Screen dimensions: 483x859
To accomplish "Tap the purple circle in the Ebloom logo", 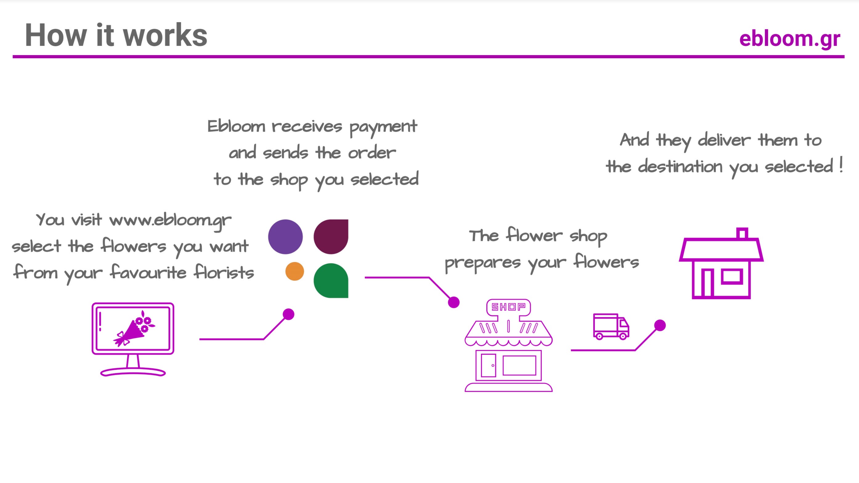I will coord(285,237).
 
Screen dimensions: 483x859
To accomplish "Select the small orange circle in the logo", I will coord(295,271).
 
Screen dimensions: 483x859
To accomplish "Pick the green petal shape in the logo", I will coord(331,281).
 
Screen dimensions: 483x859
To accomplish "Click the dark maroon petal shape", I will coord(331,237).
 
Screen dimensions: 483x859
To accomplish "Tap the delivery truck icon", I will coord(611,327).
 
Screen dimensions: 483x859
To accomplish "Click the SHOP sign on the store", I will coord(508,306).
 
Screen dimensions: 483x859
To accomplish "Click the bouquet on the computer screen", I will coord(135,329).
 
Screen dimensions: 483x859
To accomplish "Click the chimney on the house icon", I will coord(742,233).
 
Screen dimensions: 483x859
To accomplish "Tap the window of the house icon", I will coord(732,276).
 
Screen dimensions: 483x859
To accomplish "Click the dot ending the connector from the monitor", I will coord(288,314).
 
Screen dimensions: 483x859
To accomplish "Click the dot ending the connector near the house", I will coord(660,325).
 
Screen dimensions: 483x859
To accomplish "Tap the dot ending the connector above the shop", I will coord(454,302).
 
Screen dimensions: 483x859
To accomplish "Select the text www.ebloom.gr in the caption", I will coord(170,221).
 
